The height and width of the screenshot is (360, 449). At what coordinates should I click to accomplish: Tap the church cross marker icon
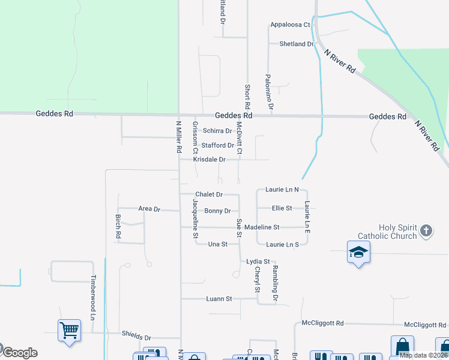click(x=426, y=231)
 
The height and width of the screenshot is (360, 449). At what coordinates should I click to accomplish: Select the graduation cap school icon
click(x=358, y=253)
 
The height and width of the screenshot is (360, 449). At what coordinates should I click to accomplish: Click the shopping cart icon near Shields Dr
click(x=69, y=330)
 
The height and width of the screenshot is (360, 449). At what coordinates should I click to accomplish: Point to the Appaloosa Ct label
click(x=290, y=25)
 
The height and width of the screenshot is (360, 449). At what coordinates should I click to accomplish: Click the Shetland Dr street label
click(x=297, y=44)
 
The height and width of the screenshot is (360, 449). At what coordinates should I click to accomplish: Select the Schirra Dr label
click(x=217, y=131)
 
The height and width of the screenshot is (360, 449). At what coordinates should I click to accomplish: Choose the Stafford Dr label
click(x=217, y=145)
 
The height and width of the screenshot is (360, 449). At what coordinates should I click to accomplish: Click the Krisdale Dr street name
click(x=209, y=160)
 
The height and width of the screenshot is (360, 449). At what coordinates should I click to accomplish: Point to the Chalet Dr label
click(x=209, y=194)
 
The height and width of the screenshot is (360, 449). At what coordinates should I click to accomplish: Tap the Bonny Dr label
click(x=217, y=211)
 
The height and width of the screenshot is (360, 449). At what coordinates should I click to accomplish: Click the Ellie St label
click(x=282, y=208)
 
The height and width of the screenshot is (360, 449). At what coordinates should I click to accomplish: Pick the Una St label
click(x=217, y=244)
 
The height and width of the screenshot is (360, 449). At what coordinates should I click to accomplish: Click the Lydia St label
click(x=258, y=262)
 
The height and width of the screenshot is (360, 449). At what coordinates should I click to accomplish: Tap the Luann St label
click(x=219, y=298)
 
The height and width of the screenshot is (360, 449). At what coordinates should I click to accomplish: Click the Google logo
click(x=20, y=352)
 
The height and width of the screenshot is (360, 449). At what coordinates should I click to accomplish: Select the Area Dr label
click(x=149, y=209)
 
